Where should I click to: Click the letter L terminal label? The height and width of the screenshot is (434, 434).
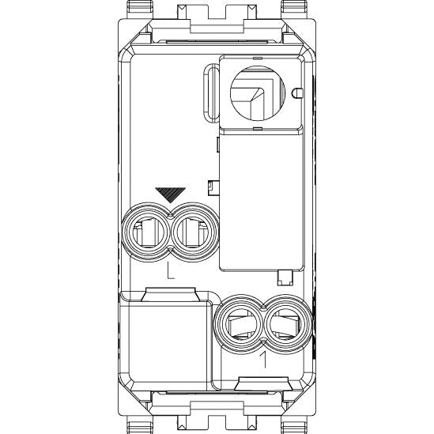(170, 270)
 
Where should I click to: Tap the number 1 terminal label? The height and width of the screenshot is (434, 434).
(264, 360)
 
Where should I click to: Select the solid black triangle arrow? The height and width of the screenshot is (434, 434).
(170, 194)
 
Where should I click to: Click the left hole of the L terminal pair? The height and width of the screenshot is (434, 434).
(145, 232)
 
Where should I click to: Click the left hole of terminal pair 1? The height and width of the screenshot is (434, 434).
(239, 324)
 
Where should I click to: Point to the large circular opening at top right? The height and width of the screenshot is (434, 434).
(258, 93)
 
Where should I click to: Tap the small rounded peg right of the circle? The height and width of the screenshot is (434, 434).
(297, 93)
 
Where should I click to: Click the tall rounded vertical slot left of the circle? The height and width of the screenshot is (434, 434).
(211, 92)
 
